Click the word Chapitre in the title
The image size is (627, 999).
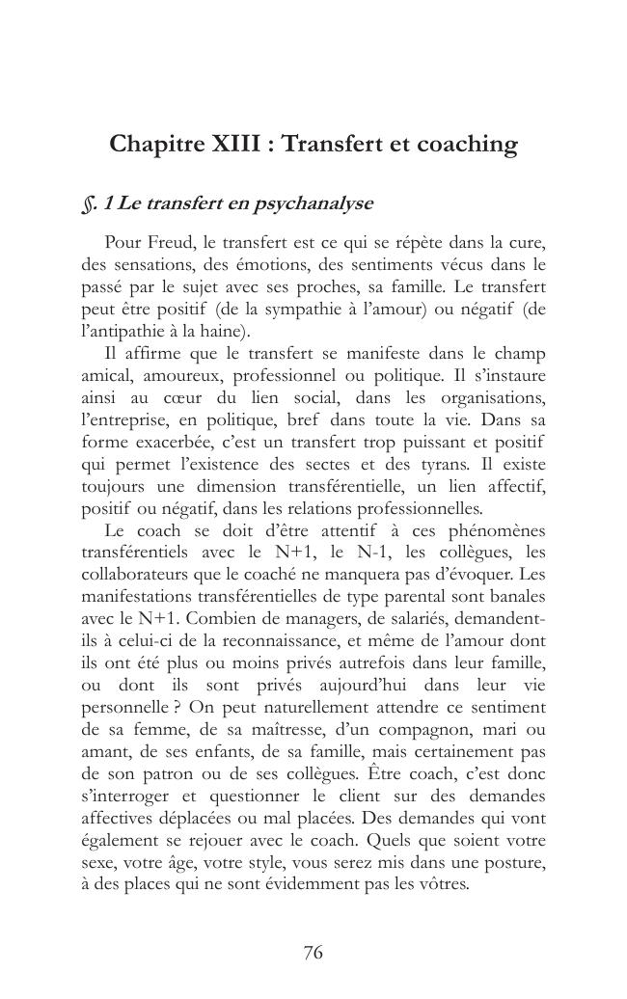point(154,145)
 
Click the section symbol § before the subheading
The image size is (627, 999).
point(88,204)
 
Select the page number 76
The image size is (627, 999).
point(313,953)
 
